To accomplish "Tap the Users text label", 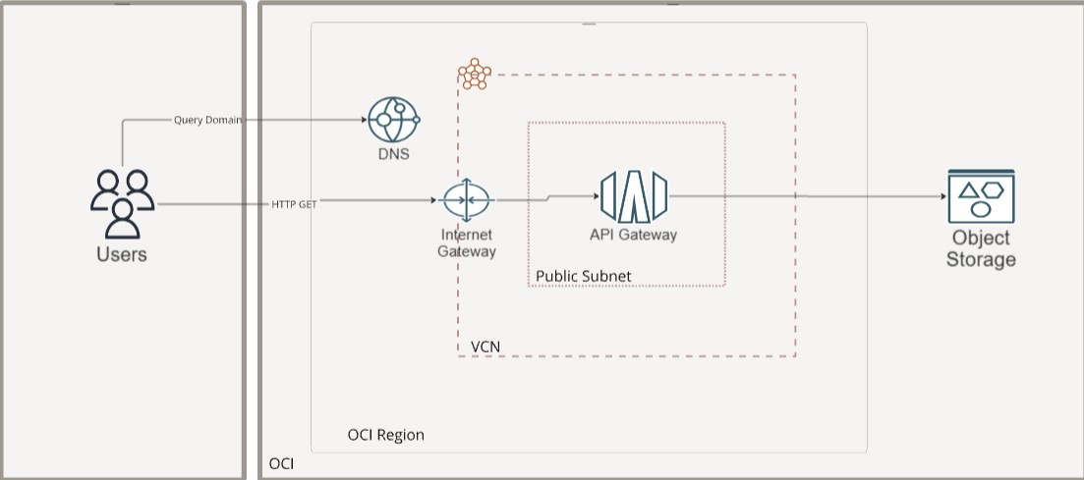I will (122, 255).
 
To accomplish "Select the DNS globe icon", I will (393, 120).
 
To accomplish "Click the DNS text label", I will (393, 155).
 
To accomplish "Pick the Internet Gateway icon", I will (467, 200).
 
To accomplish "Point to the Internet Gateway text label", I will (467, 242).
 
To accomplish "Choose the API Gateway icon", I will (634, 195).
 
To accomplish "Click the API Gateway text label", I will (634, 235).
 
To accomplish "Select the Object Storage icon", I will (980, 196).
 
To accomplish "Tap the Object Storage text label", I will (981, 249).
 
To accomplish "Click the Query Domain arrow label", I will (208, 120).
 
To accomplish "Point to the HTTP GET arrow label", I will (294, 204).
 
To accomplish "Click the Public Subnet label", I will (584, 276).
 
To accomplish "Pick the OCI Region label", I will (386, 435).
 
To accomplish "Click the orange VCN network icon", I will (475, 74).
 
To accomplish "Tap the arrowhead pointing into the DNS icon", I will (364, 120).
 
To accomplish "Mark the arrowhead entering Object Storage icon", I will (942, 196).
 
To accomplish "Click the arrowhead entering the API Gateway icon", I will (596, 195).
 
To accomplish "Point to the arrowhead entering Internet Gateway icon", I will (432, 201).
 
